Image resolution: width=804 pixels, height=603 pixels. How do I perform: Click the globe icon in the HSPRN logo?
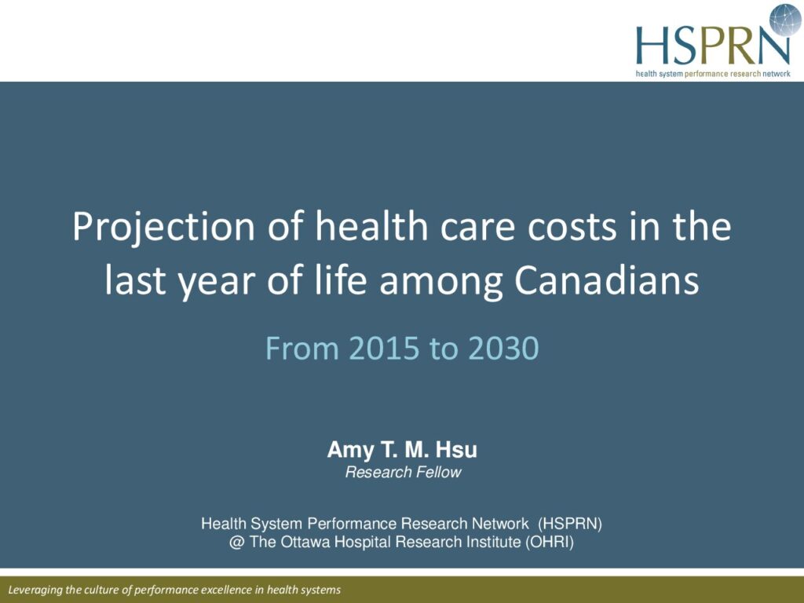785,20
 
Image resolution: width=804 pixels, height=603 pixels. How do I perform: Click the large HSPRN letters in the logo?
713,45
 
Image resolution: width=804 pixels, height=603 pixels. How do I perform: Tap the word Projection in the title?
163,227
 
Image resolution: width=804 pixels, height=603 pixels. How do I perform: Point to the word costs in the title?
572,227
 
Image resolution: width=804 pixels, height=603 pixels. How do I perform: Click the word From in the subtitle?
302,348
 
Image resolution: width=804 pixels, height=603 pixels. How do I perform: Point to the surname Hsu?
456,450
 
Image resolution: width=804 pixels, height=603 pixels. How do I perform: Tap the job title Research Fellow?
403,472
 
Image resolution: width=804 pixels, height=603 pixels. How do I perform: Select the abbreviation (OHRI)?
549,543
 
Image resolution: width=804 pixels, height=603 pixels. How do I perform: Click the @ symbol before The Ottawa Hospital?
236,543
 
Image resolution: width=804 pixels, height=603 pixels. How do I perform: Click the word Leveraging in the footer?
35,590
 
